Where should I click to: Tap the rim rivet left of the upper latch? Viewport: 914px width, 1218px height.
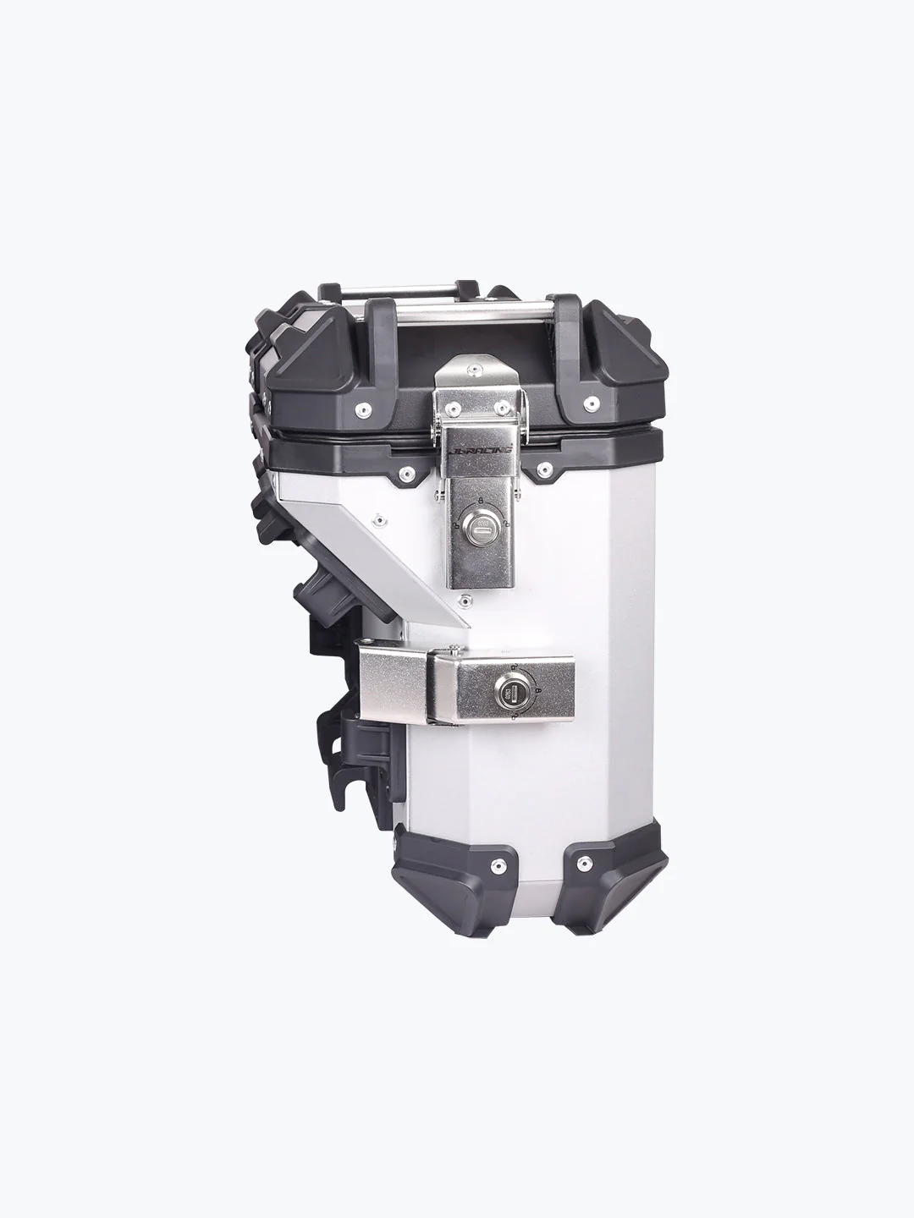click(x=406, y=471)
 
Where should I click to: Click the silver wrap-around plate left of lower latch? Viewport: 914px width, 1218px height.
click(x=394, y=685)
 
